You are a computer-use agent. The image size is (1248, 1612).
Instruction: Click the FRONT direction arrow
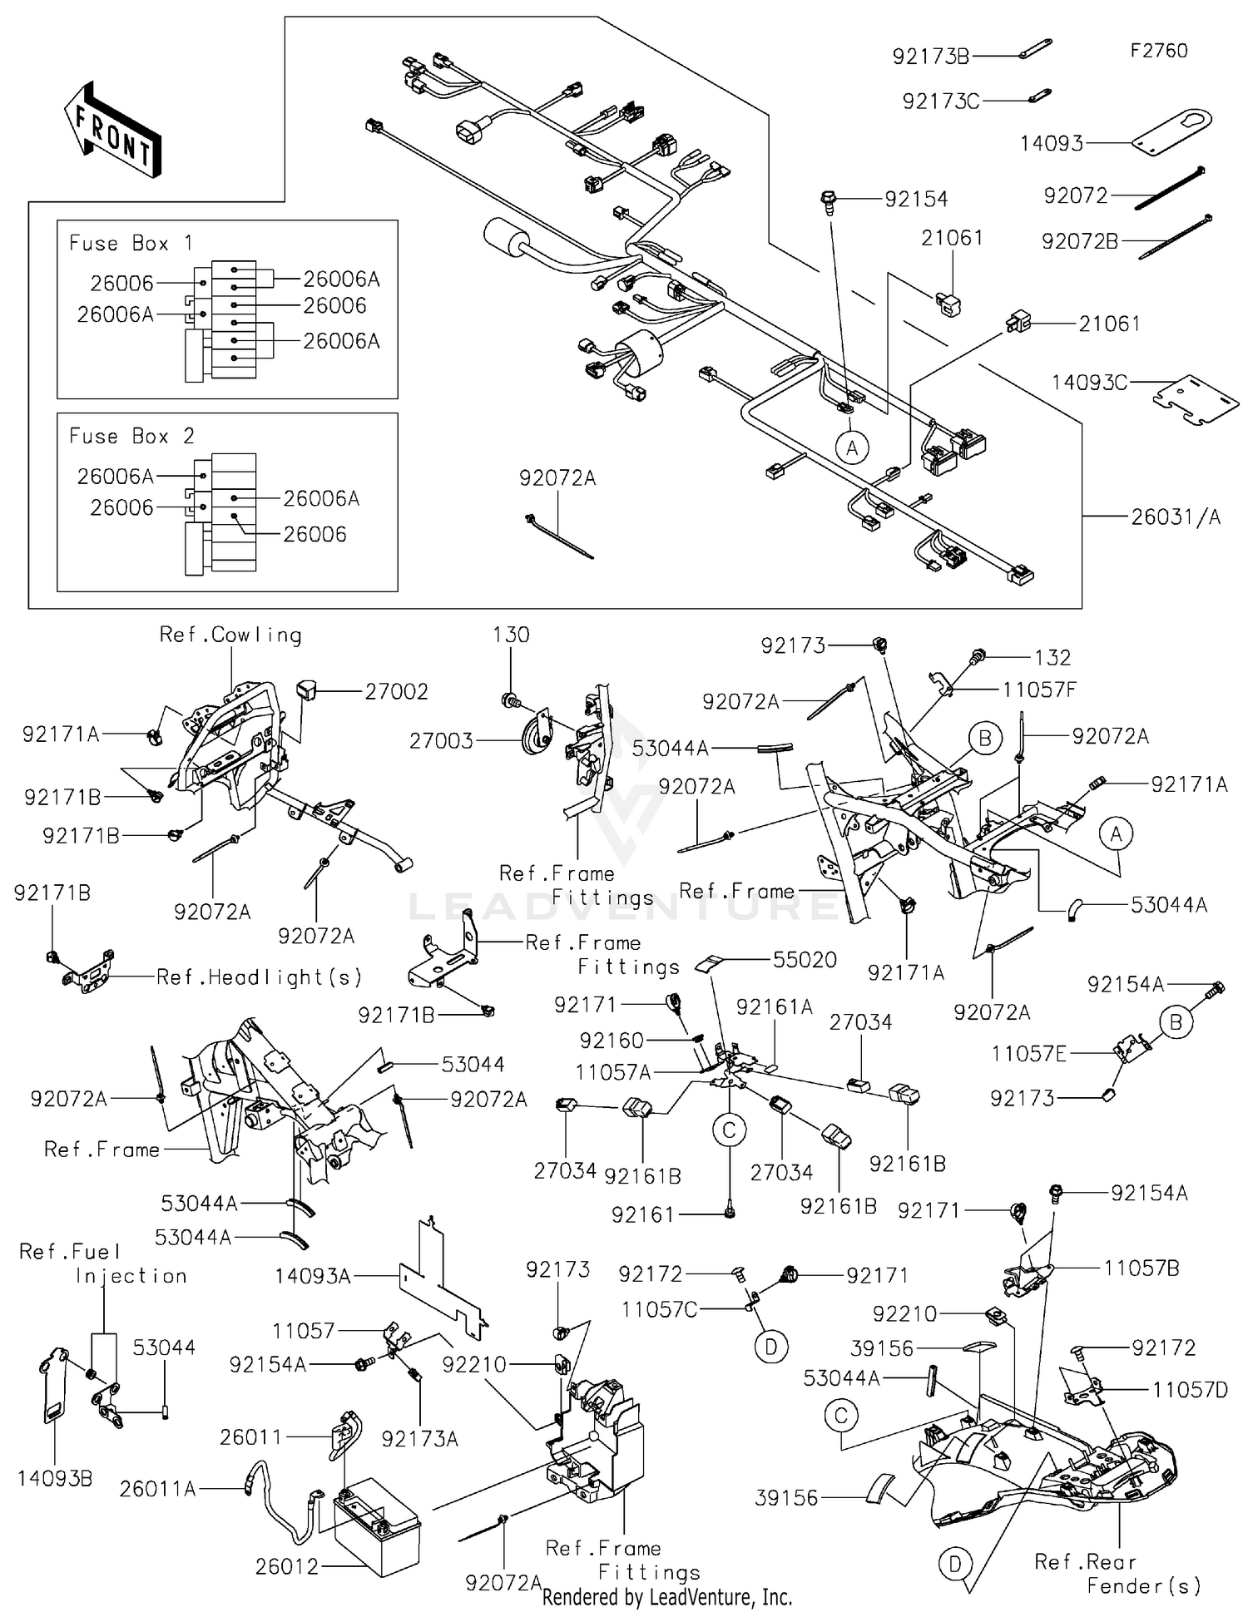point(113,132)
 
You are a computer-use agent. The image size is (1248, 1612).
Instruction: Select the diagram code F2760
point(1158,51)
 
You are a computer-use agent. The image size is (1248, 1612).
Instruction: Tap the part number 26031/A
point(1175,517)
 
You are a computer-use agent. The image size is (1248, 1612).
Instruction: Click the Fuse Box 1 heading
point(131,244)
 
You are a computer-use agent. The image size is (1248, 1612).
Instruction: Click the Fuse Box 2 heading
point(131,437)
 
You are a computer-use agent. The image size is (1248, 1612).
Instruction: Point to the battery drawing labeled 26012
point(377,1531)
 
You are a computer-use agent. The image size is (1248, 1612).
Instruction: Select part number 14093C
point(1089,383)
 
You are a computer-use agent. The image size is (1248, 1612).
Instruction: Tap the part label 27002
point(396,691)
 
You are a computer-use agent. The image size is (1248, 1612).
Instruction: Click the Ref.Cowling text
point(230,635)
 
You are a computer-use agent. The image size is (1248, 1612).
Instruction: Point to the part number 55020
point(804,960)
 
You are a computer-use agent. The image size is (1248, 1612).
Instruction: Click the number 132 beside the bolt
point(1052,658)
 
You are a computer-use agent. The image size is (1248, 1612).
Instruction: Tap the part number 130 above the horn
point(510,635)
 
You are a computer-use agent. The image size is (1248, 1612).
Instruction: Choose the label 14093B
point(55,1478)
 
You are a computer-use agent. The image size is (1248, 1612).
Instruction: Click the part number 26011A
point(157,1489)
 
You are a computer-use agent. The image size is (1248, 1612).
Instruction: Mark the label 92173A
point(419,1439)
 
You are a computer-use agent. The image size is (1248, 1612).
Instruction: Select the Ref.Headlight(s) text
point(259,977)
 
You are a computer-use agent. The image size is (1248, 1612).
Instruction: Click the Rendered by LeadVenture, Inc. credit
point(666,1597)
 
